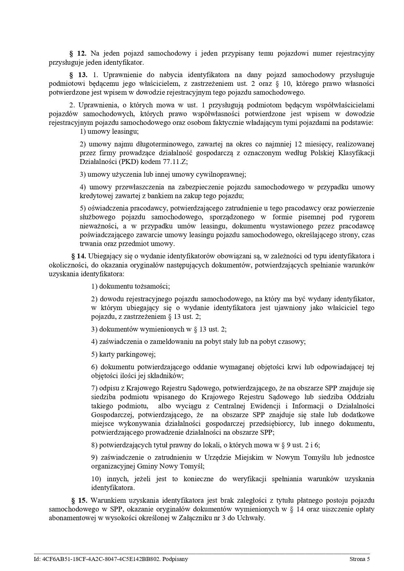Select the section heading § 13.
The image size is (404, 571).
point(78,75)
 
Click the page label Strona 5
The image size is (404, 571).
point(359,559)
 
